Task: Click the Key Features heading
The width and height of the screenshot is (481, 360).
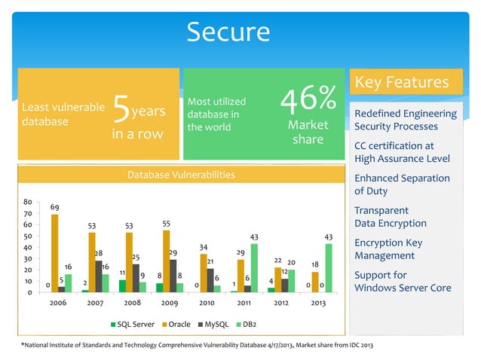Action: point(401,82)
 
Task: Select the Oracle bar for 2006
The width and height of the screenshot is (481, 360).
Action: point(54,253)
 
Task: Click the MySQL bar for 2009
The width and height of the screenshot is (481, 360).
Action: point(173,276)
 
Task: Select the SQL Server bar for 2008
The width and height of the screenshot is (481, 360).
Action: point(122,285)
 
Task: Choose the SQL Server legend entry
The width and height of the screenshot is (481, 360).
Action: point(133,325)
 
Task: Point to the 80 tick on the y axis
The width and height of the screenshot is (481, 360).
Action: point(26,202)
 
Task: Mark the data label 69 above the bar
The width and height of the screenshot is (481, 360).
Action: point(56,206)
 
